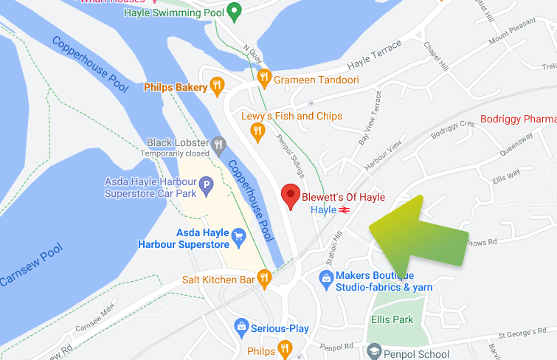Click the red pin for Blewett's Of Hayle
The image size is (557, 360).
click(x=291, y=197)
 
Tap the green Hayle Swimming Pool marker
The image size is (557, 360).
click(x=235, y=11)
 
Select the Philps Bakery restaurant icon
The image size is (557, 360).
click(x=216, y=87)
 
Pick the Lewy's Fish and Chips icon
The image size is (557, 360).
click(x=257, y=132)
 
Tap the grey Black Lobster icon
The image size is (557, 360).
click(x=218, y=144)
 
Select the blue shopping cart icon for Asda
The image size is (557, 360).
click(x=238, y=237)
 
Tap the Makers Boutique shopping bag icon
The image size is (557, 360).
click(x=325, y=278)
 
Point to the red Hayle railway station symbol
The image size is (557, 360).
click(x=344, y=210)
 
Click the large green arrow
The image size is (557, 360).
click(x=416, y=232)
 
